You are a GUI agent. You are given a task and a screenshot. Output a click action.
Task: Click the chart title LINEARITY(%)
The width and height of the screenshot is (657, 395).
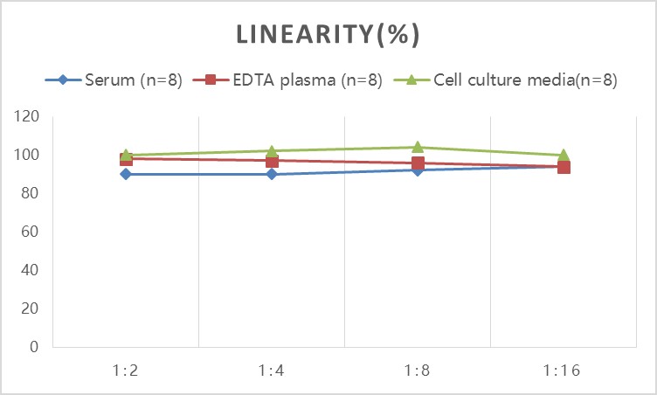coord(328,34)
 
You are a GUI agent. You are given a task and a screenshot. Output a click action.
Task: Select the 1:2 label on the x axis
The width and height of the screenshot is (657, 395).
coord(126,371)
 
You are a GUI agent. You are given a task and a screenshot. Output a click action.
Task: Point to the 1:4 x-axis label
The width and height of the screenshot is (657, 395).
coord(272,371)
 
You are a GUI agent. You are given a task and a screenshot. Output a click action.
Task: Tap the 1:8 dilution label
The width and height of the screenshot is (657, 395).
coord(418,371)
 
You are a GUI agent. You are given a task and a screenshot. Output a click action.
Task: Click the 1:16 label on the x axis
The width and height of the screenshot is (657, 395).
coord(564,371)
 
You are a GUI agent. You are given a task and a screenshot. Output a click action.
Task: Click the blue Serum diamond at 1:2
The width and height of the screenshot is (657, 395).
coord(126,174)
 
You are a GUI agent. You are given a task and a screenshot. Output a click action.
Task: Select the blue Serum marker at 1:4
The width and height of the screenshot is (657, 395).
coord(272,174)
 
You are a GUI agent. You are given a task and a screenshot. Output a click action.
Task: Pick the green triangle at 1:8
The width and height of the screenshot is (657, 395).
coord(418,147)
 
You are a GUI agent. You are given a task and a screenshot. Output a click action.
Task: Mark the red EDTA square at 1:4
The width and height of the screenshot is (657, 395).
coord(272,161)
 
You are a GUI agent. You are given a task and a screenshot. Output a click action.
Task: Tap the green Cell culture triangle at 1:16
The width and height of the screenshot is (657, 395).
coord(564,155)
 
